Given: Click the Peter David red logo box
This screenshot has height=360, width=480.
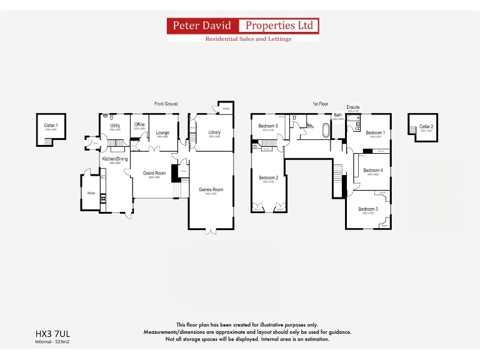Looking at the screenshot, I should point(203,26).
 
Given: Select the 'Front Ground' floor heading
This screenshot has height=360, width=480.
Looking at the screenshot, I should point(166,104).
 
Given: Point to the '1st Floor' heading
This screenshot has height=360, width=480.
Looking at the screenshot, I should point(320,104).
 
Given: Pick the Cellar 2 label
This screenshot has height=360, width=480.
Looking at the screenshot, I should point(426,127).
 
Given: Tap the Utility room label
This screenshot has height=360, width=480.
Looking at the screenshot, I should point(115,126).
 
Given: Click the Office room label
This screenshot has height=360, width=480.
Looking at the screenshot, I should point(139,125).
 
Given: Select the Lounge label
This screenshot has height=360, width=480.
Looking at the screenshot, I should point(162,132).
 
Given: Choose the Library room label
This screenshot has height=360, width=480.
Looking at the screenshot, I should point(215,132).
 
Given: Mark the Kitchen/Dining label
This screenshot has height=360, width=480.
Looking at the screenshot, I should point(115,159).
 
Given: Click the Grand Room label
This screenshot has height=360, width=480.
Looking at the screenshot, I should point(154,173).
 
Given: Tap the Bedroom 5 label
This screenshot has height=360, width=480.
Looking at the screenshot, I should point(268,126).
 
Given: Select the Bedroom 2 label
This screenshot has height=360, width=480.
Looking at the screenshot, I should point(268,177).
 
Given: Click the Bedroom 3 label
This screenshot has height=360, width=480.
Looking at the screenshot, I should point(367,209).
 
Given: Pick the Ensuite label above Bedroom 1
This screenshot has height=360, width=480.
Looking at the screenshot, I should point(353,107).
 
